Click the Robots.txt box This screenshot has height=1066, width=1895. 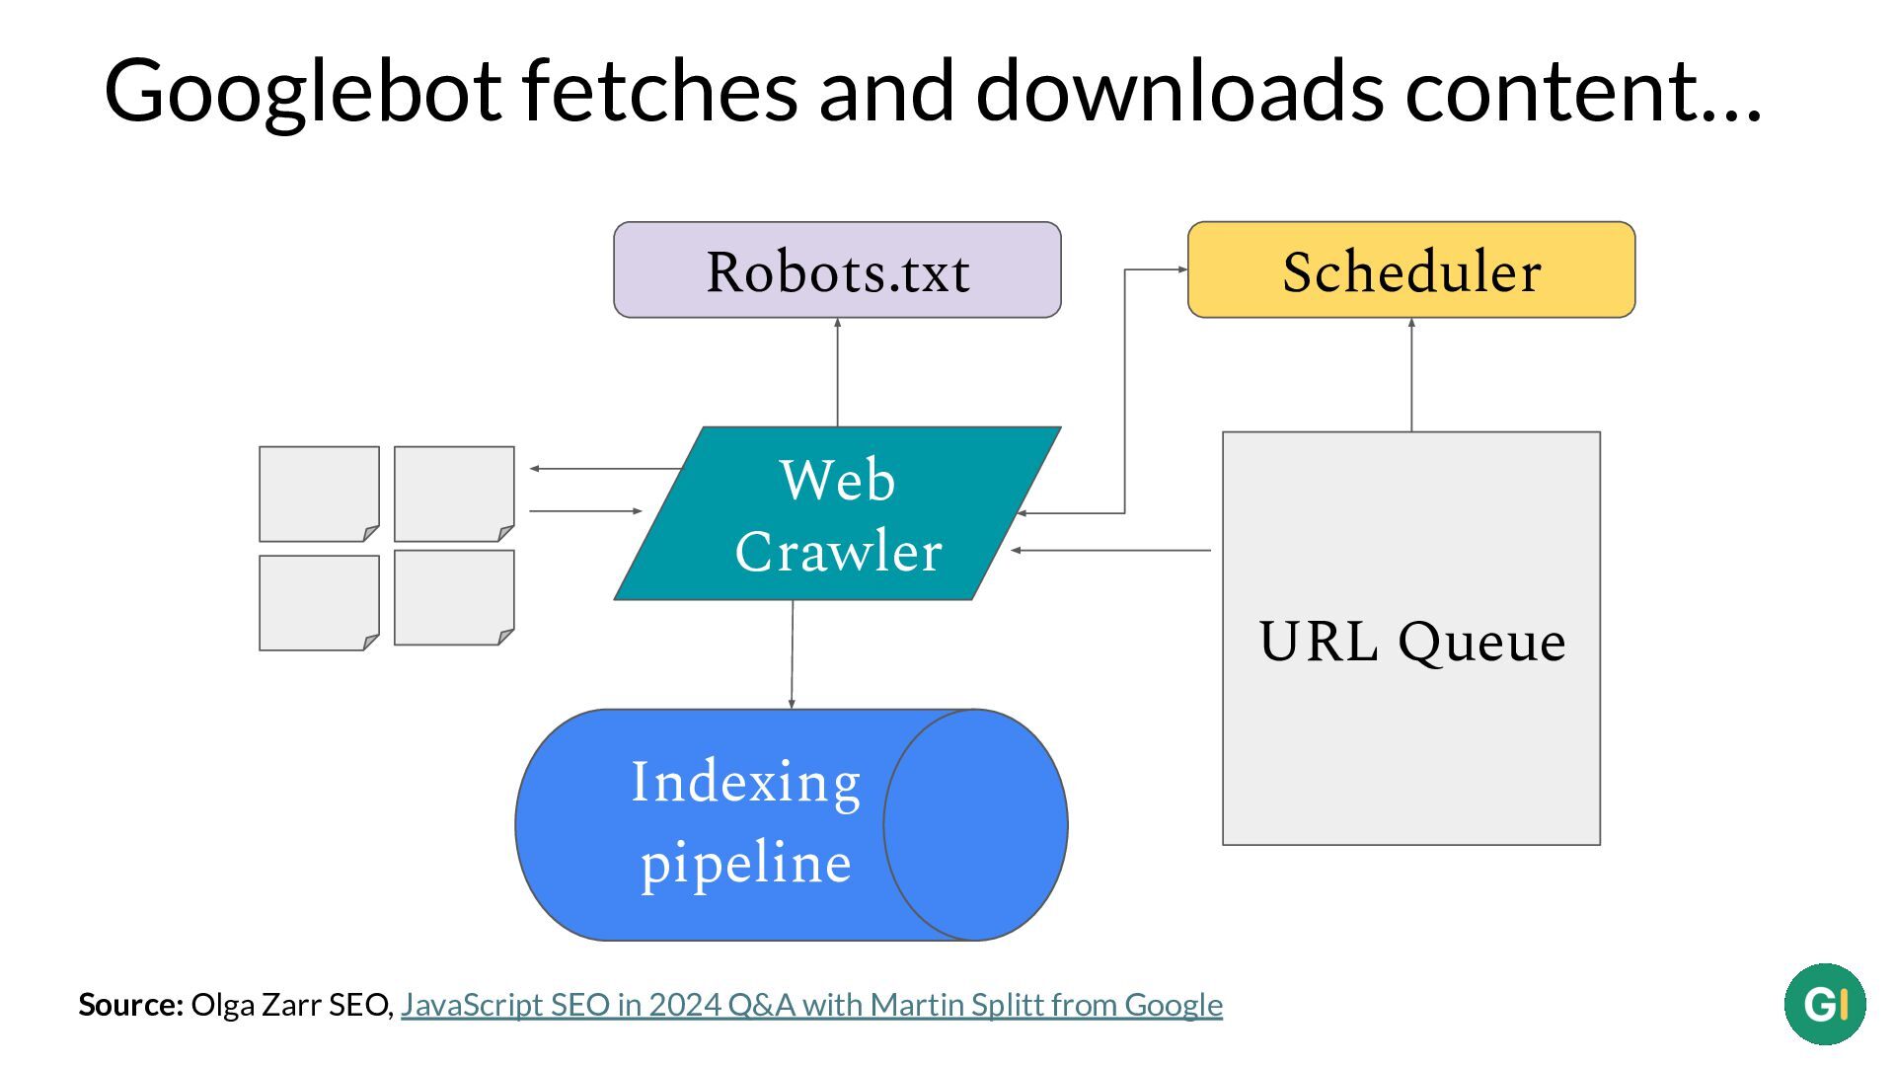coord(837,269)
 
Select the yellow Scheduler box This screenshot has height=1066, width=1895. coord(1411,269)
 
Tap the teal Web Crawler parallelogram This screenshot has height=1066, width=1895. coord(837,513)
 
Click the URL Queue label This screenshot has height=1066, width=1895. coord(1412,642)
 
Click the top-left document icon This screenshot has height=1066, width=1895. coord(319,494)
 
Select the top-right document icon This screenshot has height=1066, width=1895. coord(454,494)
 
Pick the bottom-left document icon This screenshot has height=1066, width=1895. coord(319,603)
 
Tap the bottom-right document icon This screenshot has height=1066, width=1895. coord(454,598)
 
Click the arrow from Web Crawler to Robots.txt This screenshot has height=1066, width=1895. coord(837,372)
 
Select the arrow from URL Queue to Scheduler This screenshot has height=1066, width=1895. coord(1411,375)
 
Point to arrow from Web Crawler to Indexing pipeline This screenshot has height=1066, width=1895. coord(792,654)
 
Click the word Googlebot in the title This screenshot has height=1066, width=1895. coord(304,92)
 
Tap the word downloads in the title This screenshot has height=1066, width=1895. coord(1179,90)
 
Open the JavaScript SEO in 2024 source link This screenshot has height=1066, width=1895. coord(811,1005)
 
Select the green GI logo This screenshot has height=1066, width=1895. coord(1825,1004)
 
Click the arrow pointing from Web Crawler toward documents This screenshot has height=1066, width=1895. coord(607,468)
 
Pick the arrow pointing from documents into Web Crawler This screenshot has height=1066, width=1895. coord(586,510)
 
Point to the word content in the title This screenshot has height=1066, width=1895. coord(1583,92)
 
